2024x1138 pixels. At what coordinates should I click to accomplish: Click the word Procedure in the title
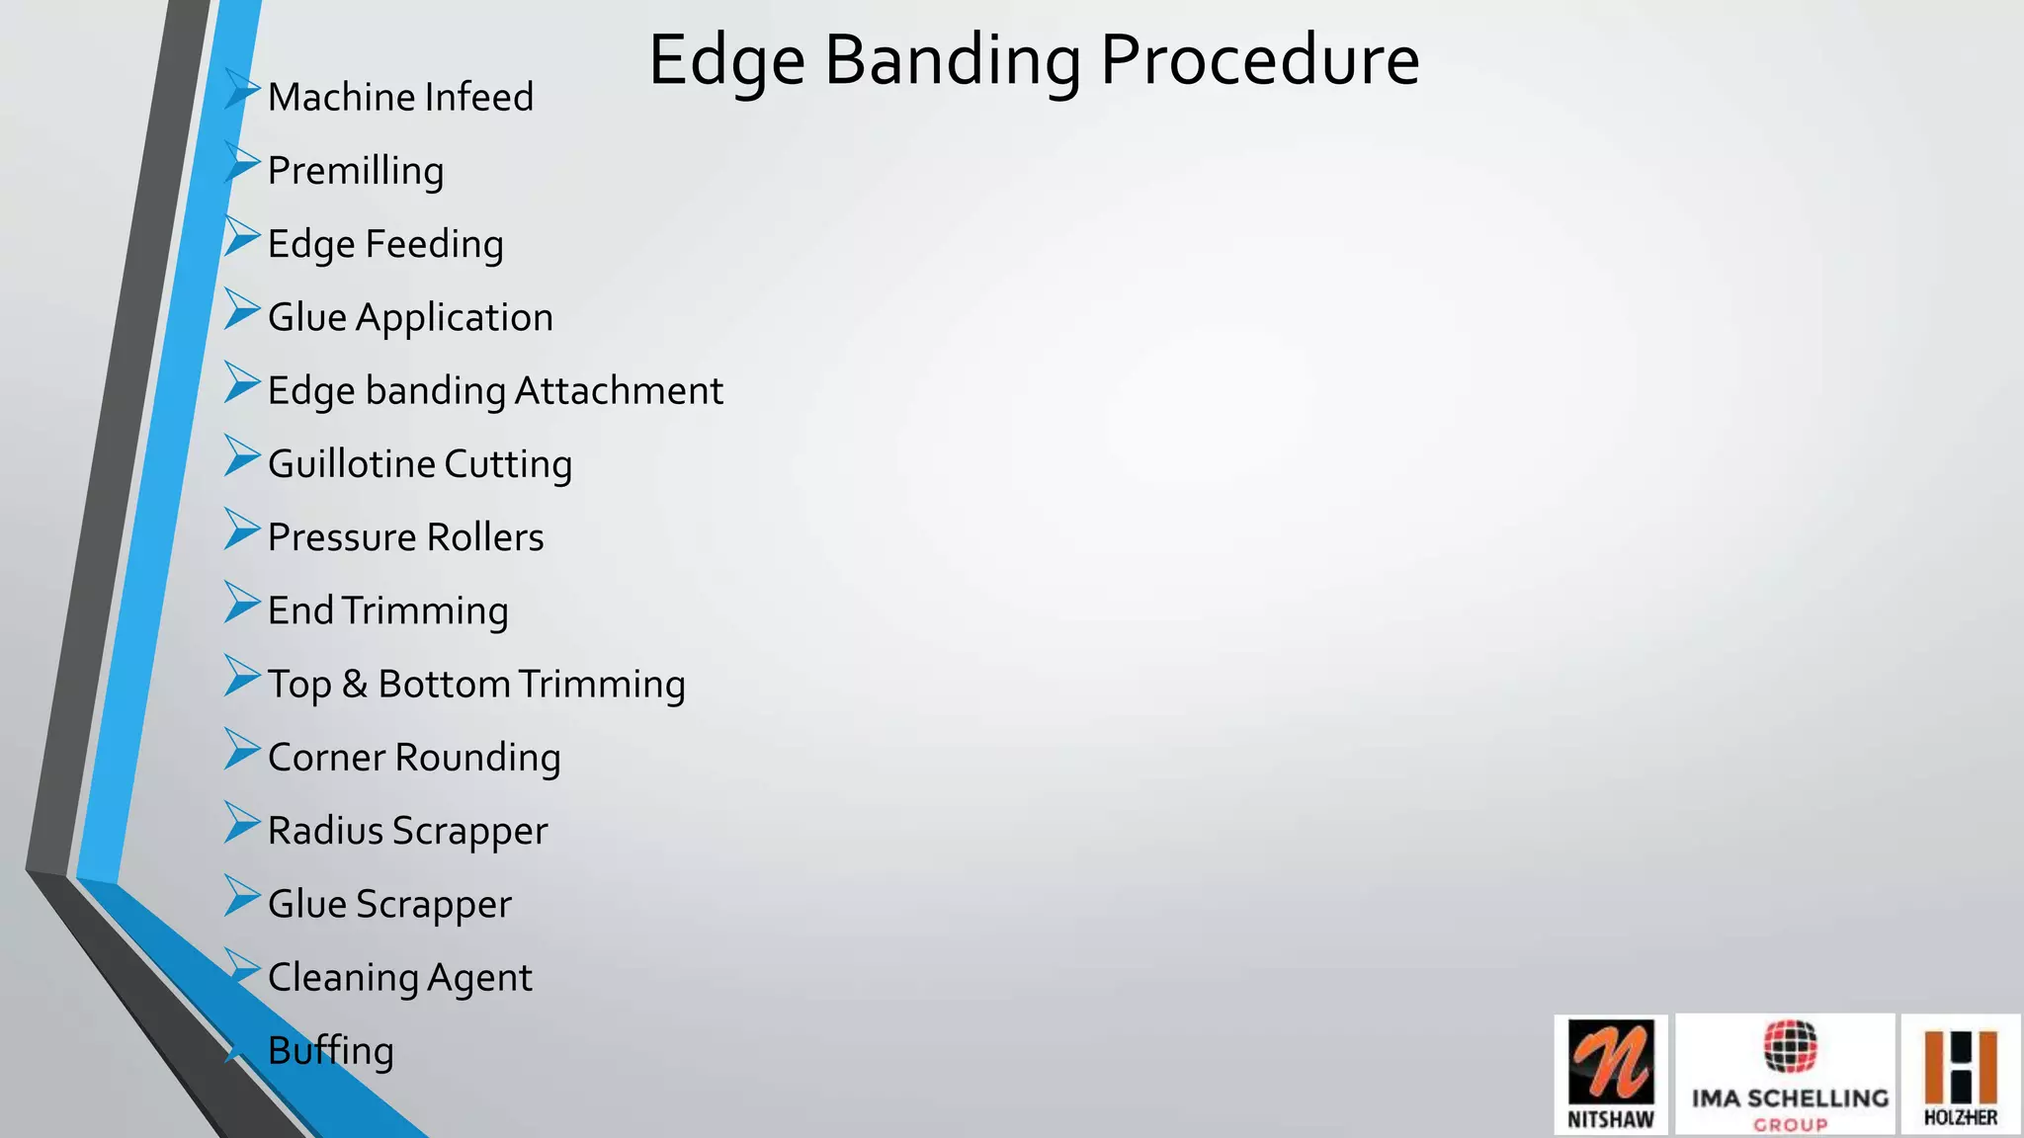1259,61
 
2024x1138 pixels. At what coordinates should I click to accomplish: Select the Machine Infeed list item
400,98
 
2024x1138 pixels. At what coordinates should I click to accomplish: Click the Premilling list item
356,171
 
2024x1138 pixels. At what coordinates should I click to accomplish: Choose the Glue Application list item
410,318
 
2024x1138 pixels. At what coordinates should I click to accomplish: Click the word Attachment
619,391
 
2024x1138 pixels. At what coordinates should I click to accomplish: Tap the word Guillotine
351,464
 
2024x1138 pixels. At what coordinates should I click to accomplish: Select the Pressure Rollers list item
405,537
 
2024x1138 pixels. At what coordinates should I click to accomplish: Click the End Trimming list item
387,610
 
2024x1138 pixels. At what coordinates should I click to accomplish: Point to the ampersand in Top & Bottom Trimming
355,684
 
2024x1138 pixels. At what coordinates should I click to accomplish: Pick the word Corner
326,758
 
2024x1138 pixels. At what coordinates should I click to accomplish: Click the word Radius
325,831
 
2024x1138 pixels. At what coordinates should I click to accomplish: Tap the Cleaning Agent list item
399,978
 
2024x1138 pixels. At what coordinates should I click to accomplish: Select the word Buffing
330,1051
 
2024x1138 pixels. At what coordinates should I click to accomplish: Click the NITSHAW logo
1611,1075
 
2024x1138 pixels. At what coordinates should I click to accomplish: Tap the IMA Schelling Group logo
1788,1075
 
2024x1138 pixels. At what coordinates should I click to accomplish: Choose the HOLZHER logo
1961,1075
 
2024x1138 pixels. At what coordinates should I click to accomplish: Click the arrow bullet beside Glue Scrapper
241,895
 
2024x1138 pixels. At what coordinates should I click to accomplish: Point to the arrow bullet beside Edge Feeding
241,236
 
